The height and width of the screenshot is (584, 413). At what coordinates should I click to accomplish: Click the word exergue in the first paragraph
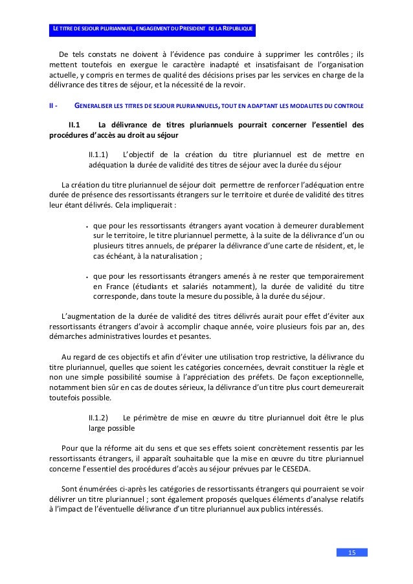[x=150, y=65]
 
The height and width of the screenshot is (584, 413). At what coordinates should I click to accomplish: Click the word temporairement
[x=332, y=276]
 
